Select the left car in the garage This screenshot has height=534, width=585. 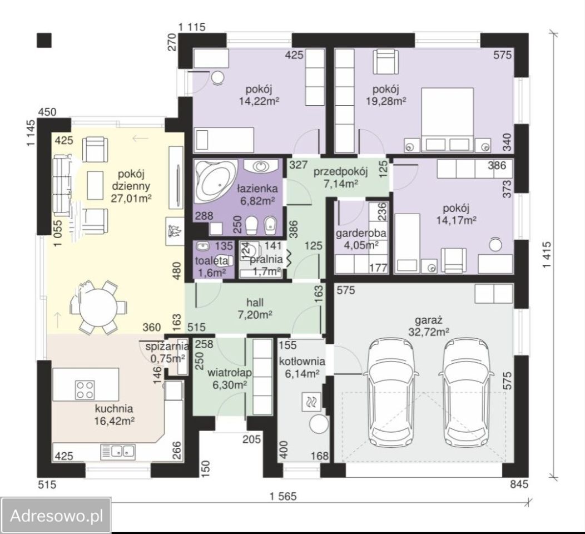(x=391, y=391)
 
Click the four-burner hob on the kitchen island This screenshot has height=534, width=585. (x=85, y=389)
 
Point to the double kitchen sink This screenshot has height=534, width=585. (x=118, y=452)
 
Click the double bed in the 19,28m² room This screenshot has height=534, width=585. (x=448, y=120)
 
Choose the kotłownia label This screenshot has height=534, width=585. (x=302, y=361)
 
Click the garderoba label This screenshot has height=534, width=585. (x=361, y=234)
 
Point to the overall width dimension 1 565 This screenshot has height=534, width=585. (x=283, y=496)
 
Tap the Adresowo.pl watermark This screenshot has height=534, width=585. (x=56, y=516)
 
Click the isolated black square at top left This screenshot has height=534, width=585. (x=44, y=40)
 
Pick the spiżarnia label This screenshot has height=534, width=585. (x=166, y=347)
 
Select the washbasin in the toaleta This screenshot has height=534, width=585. (x=204, y=246)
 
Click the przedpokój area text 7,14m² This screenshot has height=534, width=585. (x=341, y=183)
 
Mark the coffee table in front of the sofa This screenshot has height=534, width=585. (x=95, y=185)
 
